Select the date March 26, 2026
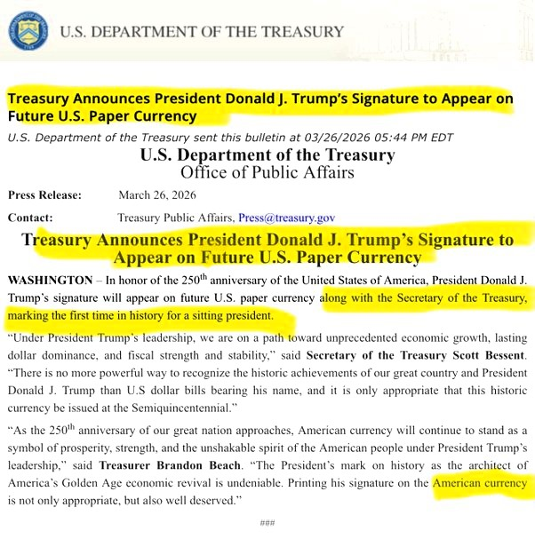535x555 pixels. [x=157, y=195]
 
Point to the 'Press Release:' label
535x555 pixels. [x=44, y=195]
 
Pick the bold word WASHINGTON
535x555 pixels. [x=49, y=280]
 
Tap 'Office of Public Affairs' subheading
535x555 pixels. [x=267, y=172]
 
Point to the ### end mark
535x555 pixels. [x=267, y=524]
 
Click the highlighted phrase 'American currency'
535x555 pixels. [x=479, y=484]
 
